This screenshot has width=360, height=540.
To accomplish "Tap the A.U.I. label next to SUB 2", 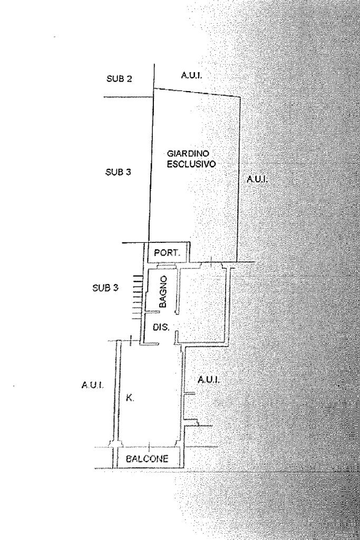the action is coord(192,76).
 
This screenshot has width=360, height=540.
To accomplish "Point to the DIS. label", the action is coord(161,327).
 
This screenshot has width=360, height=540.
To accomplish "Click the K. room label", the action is coord(130,399).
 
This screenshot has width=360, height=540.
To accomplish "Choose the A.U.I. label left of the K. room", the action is coord(92,386).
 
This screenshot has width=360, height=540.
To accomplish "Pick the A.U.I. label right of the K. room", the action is coord(208,379).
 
